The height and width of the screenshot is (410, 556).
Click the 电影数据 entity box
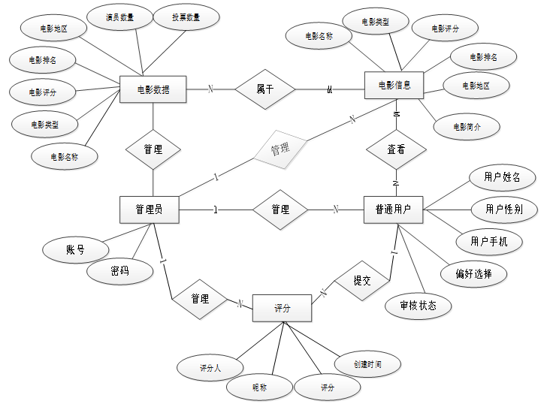[x=153, y=90]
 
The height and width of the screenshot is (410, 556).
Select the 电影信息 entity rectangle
[x=393, y=85]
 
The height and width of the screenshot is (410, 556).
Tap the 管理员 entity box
[x=150, y=210]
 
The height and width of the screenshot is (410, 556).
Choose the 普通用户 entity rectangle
[x=393, y=210]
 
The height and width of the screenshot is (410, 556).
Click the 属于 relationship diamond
[x=265, y=89]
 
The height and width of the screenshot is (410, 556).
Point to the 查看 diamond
[x=396, y=149]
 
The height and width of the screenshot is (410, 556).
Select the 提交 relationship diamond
[x=362, y=280]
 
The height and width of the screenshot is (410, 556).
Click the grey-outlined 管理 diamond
[x=280, y=149]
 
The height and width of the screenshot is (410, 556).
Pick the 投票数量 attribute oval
[x=186, y=17]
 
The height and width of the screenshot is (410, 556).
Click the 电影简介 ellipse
[x=467, y=126]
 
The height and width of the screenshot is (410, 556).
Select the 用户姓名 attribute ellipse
[x=502, y=178]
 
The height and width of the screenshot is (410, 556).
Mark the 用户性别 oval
[x=504, y=209]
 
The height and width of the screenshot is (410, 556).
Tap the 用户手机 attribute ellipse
[x=489, y=241]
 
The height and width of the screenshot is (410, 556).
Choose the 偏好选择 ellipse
[x=474, y=273]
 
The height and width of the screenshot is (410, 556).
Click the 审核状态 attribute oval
[x=418, y=305]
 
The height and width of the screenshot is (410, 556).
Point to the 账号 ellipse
[x=74, y=250]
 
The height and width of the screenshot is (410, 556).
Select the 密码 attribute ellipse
[x=119, y=271]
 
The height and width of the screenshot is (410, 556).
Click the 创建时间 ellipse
[x=367, y=364]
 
